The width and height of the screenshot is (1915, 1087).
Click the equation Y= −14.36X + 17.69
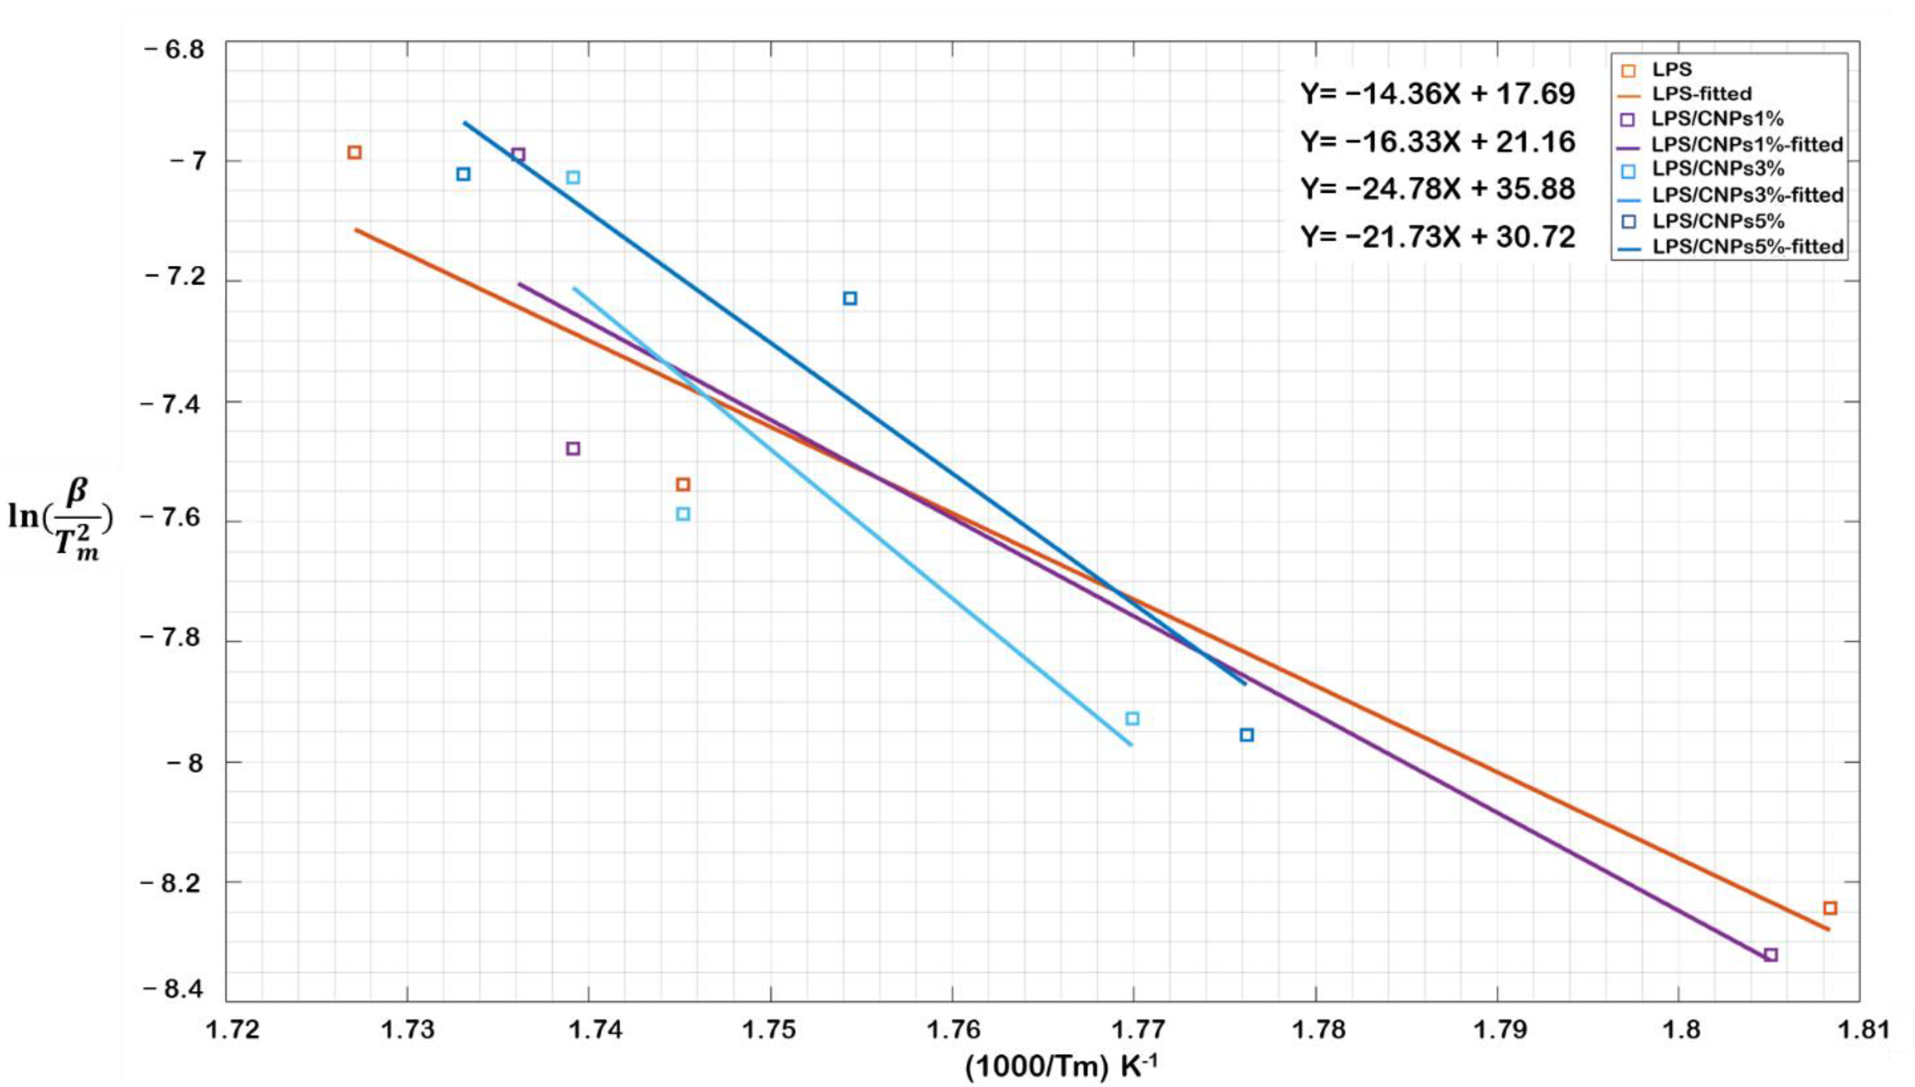tap(1438, 95)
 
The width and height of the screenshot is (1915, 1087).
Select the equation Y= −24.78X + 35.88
tap(1438, 189)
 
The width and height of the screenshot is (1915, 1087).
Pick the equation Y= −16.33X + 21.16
tap(1438, 142)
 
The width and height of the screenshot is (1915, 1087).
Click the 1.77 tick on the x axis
tap(1133, 1030)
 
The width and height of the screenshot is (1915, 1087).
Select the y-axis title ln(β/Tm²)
tap(59, 515)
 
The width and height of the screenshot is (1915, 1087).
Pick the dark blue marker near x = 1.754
tap(849, 298)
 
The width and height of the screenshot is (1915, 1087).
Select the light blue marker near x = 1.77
tap(1132, 718)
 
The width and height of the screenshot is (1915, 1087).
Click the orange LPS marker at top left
tap(355, 152)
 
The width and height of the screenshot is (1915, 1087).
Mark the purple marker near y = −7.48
tap(573, 449)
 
